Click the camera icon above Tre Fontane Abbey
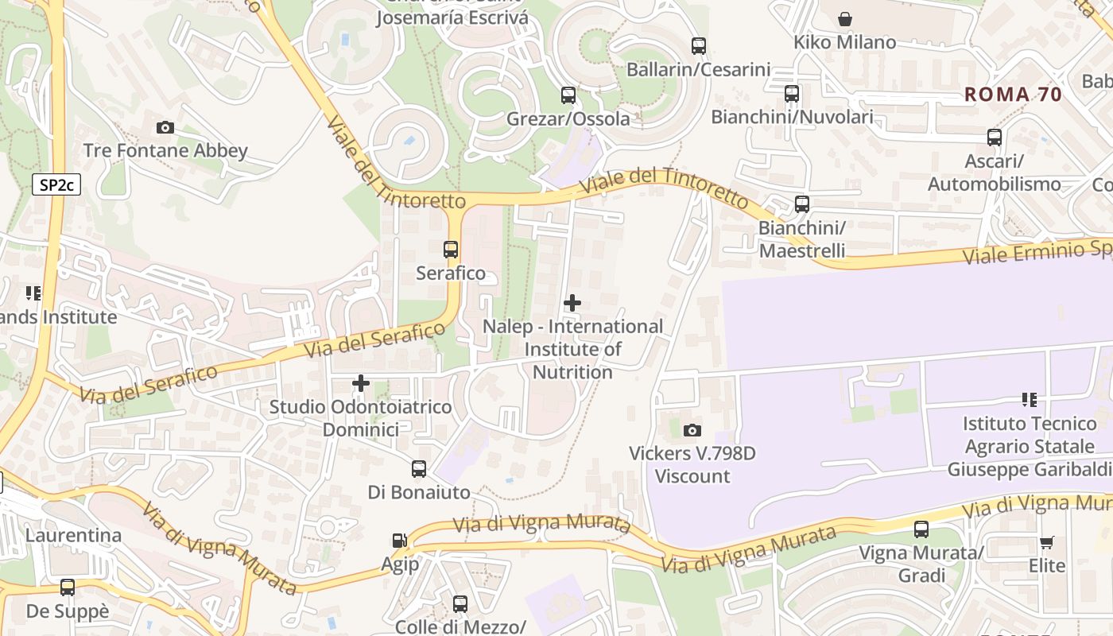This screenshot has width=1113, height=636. (x=165, y=127)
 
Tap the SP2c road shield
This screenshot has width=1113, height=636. (x=56, y=185)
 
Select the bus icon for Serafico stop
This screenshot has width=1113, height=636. (x=451, y=250)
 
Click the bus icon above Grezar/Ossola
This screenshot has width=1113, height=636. (x=568, y=95)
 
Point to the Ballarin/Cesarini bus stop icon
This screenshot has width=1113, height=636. (x=699, y=46)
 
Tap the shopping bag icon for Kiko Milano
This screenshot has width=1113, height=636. (x=845, y=18)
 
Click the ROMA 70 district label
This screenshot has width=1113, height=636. (x=1013, y=95)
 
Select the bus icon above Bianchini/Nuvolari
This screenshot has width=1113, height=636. (x=792, y=94)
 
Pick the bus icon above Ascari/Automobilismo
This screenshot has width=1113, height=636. (x=995, y=138)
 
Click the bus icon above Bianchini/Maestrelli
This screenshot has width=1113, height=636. (x=802, y=204)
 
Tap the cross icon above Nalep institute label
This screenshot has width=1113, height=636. (x=572, y=303)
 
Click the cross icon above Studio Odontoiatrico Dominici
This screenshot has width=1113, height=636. (x=361, y=383)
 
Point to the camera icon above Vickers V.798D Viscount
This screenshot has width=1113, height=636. (x=692, y=430)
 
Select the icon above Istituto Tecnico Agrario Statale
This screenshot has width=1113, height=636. (x=1030, y=399)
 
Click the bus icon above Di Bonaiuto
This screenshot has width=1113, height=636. (x=419, y=469)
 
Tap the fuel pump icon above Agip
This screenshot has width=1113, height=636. (x=399, y=541)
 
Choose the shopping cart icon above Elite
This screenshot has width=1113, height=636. (x=1047, y=542)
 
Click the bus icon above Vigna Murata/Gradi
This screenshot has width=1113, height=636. (x=921, y=529)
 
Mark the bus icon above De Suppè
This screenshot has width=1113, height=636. (x=68, y=588)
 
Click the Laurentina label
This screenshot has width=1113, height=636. (x=73, y=535)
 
